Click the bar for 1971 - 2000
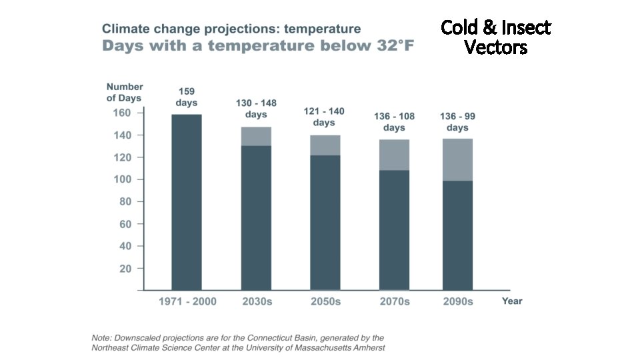tap(187, 202)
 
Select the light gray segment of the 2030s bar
tap(256, 136)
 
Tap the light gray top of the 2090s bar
tap(457, 159)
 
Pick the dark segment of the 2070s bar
tap(394, 230)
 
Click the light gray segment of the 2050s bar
tap(325, 145)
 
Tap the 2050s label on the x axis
tap(325, 301)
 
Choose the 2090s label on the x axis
tap(458, 301)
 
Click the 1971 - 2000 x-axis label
tap(187, 301)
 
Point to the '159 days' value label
tap(187, 97)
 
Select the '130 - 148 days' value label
tap(256, 109)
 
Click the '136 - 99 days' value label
tap(457, 122)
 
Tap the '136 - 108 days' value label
tap(394, 122)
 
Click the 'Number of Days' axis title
tap(125, 92)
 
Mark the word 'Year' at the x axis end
tap(512, 301)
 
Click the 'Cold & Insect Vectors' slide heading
tap(496, 37)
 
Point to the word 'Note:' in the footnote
tap(103, 338)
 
